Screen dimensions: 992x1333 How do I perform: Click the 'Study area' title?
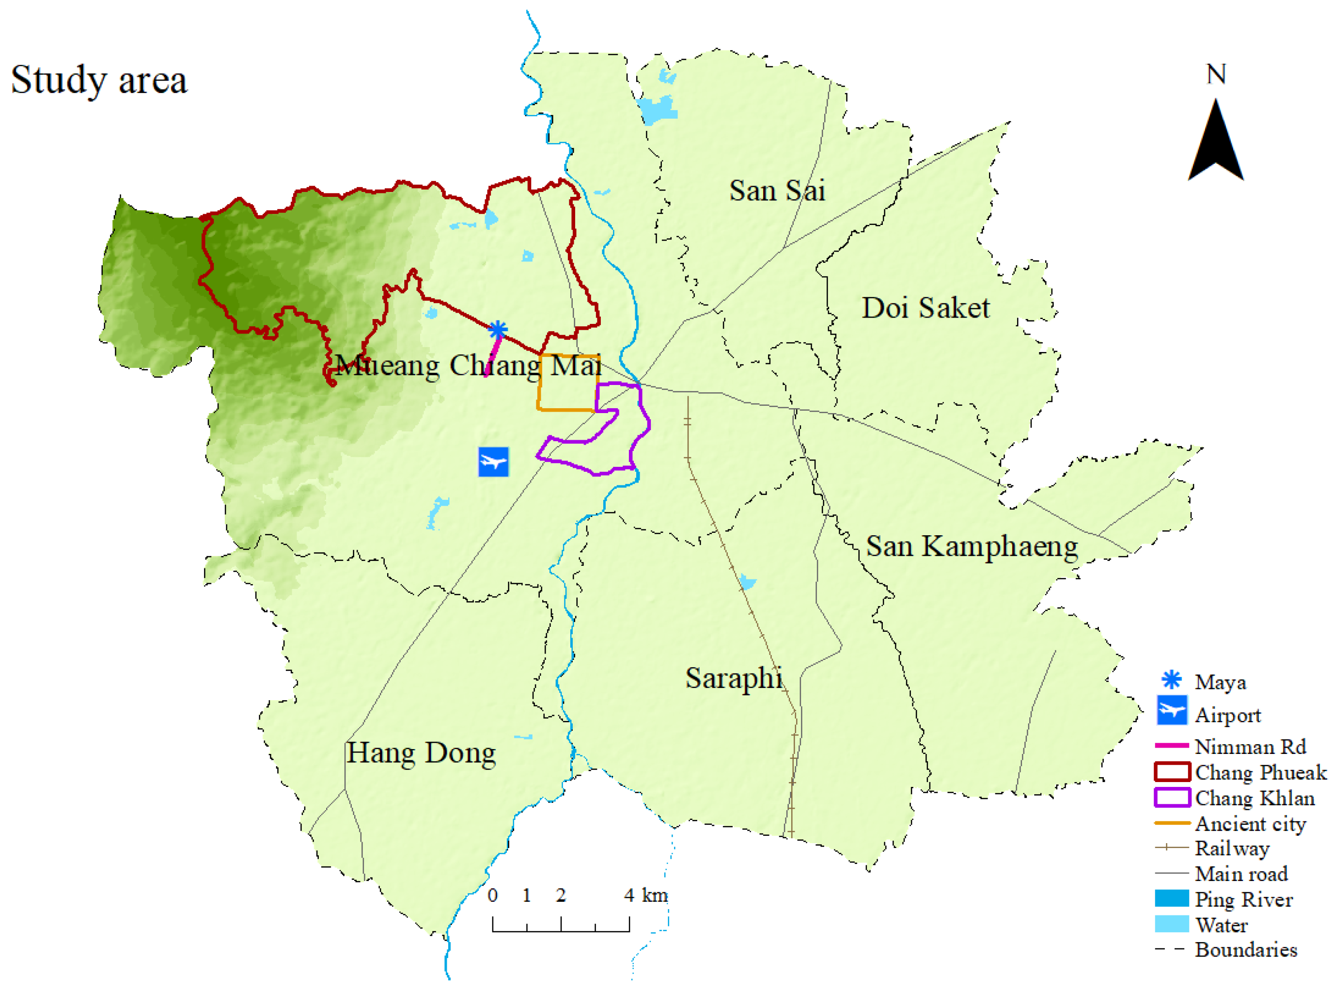point(99,80)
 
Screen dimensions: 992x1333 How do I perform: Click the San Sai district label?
point(777,191)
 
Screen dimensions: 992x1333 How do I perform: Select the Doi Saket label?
point(925,308)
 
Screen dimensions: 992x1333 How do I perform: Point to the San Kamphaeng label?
point(971,546)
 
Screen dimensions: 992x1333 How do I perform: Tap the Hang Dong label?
point(421,753)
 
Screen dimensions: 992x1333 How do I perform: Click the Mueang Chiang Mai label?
point(468,365)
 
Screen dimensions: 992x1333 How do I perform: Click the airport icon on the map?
point(493,462)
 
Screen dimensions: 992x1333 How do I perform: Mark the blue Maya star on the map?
point(498,329)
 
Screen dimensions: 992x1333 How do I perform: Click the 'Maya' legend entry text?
point(1220,682)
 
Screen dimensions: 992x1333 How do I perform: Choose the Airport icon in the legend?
point(1171,710)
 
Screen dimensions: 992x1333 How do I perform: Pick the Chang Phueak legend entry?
point(1260,772)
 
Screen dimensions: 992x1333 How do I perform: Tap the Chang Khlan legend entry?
point(1255,798)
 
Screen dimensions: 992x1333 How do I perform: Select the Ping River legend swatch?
point(1171,898)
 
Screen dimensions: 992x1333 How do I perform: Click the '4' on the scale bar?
point(628,896)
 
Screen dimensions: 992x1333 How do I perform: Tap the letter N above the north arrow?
point(1215,75)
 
